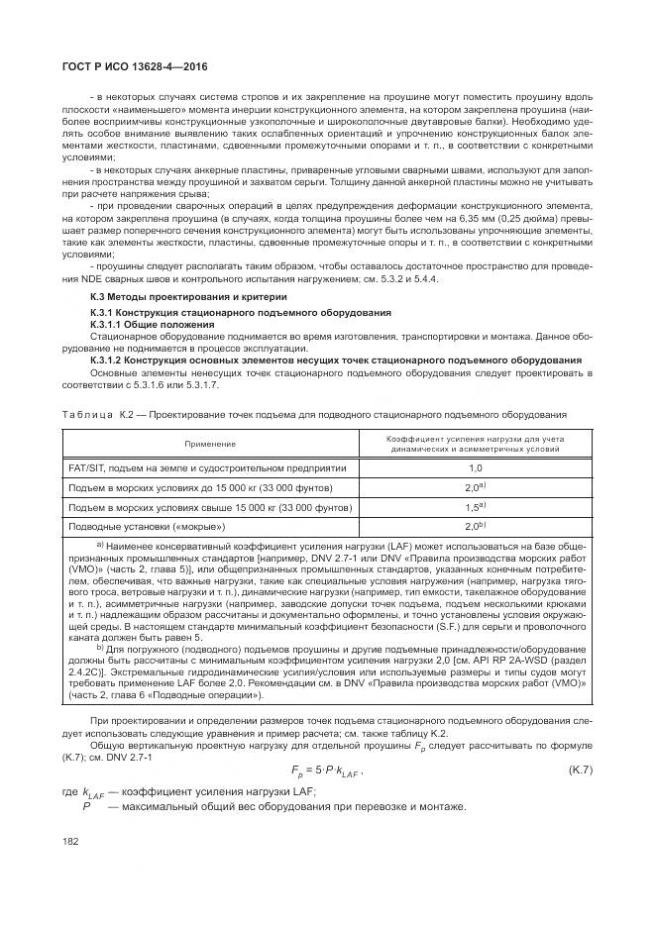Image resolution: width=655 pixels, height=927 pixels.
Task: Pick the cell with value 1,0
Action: tap(475, 468)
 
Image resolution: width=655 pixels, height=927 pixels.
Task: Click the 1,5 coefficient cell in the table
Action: tap(475, 507)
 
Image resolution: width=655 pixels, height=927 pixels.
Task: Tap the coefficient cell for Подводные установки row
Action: tap(475, 526)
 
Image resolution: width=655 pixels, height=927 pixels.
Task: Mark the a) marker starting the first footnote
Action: tap(99, 545)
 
